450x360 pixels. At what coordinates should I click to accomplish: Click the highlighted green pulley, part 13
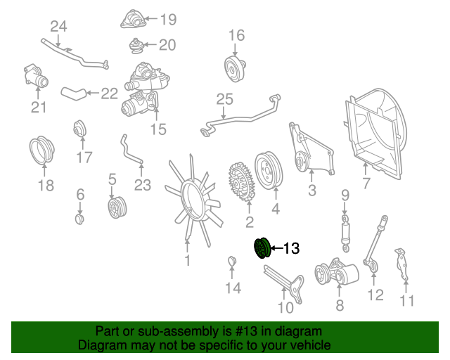pyautogui.click(x=262, y=248)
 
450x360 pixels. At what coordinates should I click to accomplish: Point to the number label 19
pyautogui.click(x=167, y=20)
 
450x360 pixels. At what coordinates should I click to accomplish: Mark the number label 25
pyautogui.click(x=224, y=101)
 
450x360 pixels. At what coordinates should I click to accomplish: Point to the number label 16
pyautogui.click(x=236, y=35)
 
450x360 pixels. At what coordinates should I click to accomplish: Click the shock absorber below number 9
pyautogui.click(x=345, y=232)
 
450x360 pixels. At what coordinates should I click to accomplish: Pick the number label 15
pyautogui.click(x=158, y=129)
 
